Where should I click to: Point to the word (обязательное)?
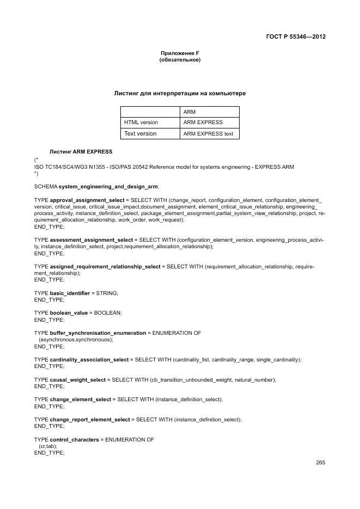coord(180,60)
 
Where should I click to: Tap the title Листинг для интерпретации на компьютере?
coord(180,94)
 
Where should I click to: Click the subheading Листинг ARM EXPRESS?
coord(81,151)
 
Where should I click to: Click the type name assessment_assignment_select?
coord(91,240)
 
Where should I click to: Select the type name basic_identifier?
coord(70,293)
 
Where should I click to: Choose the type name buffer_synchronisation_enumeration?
coord(98,333)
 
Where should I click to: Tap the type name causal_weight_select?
coord(78,379)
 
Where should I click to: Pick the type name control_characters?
coord(74,439)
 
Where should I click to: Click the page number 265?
coord(320,463)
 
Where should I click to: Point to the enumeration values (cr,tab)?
coord(48,446)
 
